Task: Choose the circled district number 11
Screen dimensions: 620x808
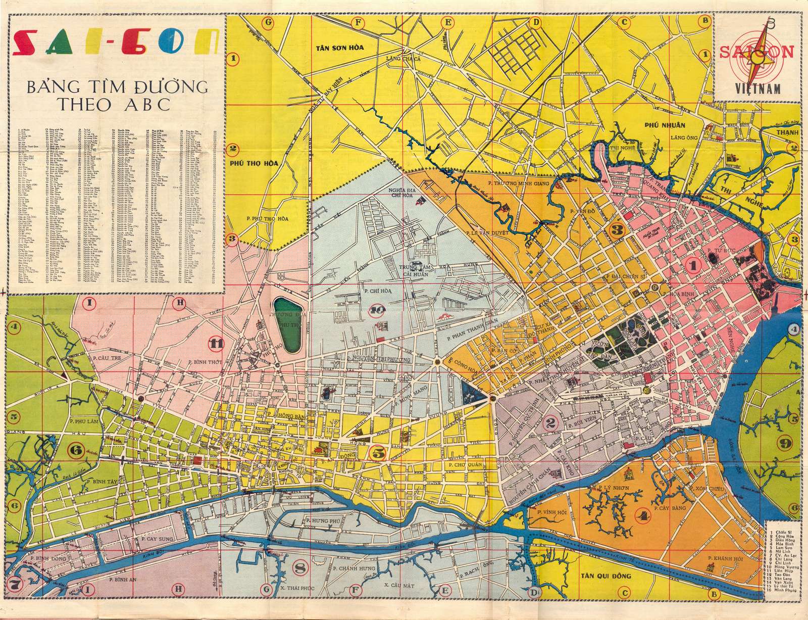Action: click(x=217, y=344)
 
